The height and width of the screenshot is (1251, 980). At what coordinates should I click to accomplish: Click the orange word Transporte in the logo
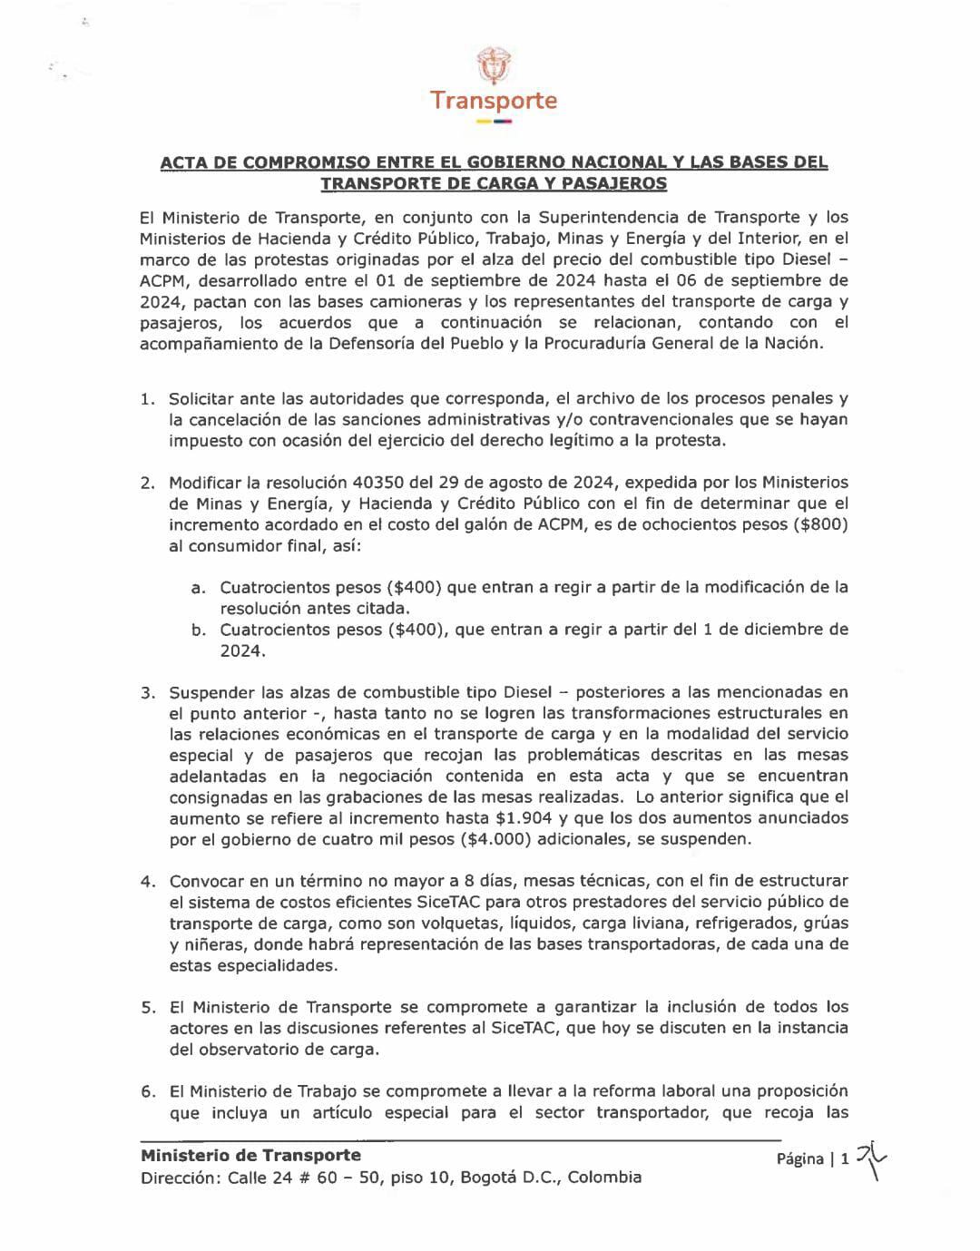(x=494, y=100)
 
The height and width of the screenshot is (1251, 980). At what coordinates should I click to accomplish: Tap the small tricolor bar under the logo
(x=494, y=122)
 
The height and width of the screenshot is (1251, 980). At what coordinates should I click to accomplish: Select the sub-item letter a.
(x=197, y=588)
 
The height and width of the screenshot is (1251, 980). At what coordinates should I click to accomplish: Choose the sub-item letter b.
(x=197, y=630)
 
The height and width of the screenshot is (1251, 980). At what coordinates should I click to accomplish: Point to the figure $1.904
(x=514, y=818)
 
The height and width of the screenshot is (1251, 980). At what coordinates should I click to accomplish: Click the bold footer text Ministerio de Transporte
(x=250, y=1155)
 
